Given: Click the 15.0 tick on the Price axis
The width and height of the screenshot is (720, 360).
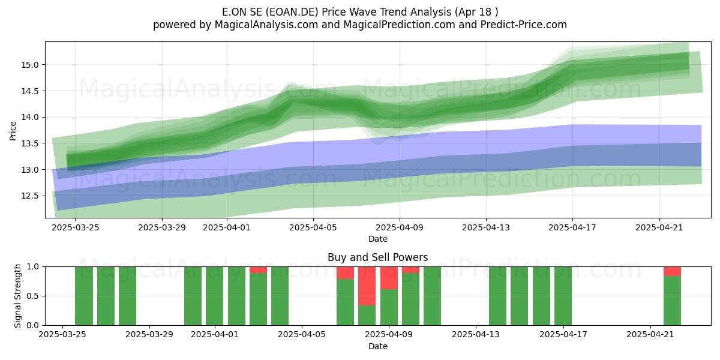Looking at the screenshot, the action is pos(29,65).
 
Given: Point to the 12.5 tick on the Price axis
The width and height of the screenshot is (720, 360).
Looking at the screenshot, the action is pos(29,196).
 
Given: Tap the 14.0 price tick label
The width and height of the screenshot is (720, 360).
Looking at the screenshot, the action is pos(29,118).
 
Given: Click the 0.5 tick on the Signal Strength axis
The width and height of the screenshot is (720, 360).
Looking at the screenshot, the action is pos(32,296).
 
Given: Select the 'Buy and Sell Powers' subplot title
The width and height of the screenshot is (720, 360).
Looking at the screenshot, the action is pos(377,257).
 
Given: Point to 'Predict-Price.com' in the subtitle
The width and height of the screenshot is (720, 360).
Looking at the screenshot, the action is pos(524,25).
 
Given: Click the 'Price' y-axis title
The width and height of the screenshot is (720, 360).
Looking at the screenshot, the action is pos(13,131).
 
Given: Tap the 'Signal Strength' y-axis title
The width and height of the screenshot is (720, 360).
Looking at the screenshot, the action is pos(17,296).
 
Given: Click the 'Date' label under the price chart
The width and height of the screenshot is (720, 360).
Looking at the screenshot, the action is pos(377,239).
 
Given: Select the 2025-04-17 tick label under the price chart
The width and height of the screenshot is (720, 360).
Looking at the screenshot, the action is pos(572,227).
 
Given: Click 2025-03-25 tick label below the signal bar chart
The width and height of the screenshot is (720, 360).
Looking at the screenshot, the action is pos(62,335).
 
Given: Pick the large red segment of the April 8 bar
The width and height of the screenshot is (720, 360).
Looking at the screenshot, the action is pos(367,286).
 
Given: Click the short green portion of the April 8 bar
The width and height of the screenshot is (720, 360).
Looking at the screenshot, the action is pos(367,316).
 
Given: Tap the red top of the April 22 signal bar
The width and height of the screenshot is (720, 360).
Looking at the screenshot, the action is pos(673,272).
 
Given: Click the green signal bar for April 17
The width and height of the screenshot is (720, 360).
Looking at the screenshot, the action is pos(563,296).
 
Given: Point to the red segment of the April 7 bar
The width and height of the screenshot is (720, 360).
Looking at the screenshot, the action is pos(345,273).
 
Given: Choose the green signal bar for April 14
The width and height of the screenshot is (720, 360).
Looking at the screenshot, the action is pos(498,296).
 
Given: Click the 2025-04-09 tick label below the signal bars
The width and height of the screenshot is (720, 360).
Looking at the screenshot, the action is pos(389,335).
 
